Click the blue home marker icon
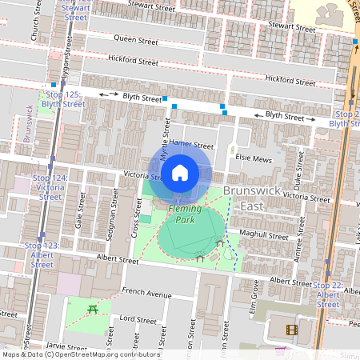click(x=180, y=172)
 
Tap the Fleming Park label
click(x=185, y=214)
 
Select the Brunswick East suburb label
click(x=253, y=198)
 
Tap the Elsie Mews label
click(x=255, y=158)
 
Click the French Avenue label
click(x=146, y=292)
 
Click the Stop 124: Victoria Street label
click(x=50, y=186)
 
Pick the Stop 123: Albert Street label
click(x=42, y=254)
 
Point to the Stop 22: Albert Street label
click(x=329, y=294)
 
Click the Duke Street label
click(x=296, y=170)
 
